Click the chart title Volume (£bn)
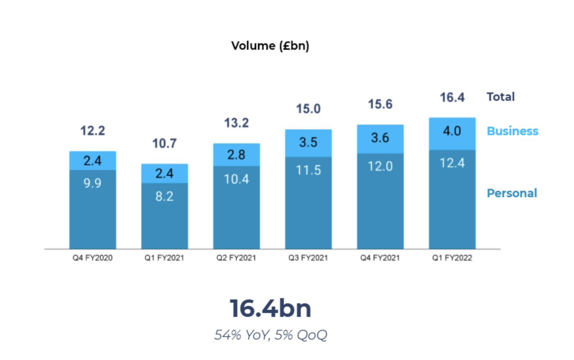(x=270, y=46)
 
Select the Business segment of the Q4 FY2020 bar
(x=92, y=161)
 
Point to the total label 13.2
(x=236, y=123)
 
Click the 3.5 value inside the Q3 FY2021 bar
(x=308, y=142)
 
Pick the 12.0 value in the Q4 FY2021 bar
(x=380, y=166)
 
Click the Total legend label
(x=501, y=97)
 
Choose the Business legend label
(x=512, y=131)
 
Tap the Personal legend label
(x=512, y=193)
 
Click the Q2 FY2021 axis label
(x=236, y=258)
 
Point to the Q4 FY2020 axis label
(x=92, y=258)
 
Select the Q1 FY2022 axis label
(x=452, y=258)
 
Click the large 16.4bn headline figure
(x=270, y=308)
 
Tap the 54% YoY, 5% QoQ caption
(x=271, y=335)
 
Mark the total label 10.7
(x=165, y=143)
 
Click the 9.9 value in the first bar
(x=92, y=183)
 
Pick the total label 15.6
(x=380, y=104)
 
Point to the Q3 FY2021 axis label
(x=308, y=258)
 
